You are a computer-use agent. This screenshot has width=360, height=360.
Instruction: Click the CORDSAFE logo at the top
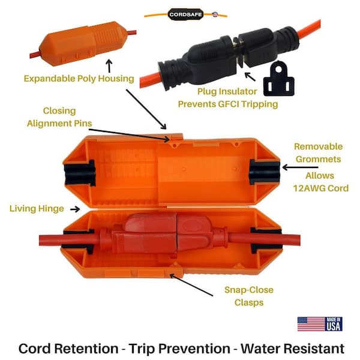tap(185, 14)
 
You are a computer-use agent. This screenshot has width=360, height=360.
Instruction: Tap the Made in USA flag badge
tap(320, 324)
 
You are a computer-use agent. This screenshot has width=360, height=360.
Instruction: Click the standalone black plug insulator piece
tap(279, 79)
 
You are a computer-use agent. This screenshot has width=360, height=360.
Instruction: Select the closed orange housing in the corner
tap(83, 44)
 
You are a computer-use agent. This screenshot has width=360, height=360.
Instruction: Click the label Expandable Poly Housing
tap(79, 79)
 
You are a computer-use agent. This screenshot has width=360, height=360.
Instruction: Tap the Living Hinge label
tap(37, 208)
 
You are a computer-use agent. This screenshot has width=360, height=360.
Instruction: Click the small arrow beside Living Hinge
tap(75, 209)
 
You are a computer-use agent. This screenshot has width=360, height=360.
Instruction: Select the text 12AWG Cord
tap(321, 188)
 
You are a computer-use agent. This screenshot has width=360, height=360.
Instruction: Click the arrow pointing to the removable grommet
tap(301, 167)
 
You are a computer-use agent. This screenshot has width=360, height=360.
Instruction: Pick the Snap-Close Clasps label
tap(249, 296)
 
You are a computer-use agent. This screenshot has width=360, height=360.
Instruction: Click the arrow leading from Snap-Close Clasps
tap(191, 285)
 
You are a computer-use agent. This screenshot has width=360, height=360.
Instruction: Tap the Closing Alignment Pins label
tap(59, 117)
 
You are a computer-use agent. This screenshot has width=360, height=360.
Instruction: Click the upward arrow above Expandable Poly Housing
tap(109, 66)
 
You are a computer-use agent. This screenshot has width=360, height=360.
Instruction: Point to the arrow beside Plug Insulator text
tap(250, 77)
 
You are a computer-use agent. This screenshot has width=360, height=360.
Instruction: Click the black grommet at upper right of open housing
tap(264, 172)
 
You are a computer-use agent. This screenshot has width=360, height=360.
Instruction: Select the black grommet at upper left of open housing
tap(80, 173)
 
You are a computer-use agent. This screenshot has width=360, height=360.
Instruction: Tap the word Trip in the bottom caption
tap(141, 349)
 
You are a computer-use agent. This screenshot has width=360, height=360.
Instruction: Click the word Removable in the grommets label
tap(318, 146)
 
